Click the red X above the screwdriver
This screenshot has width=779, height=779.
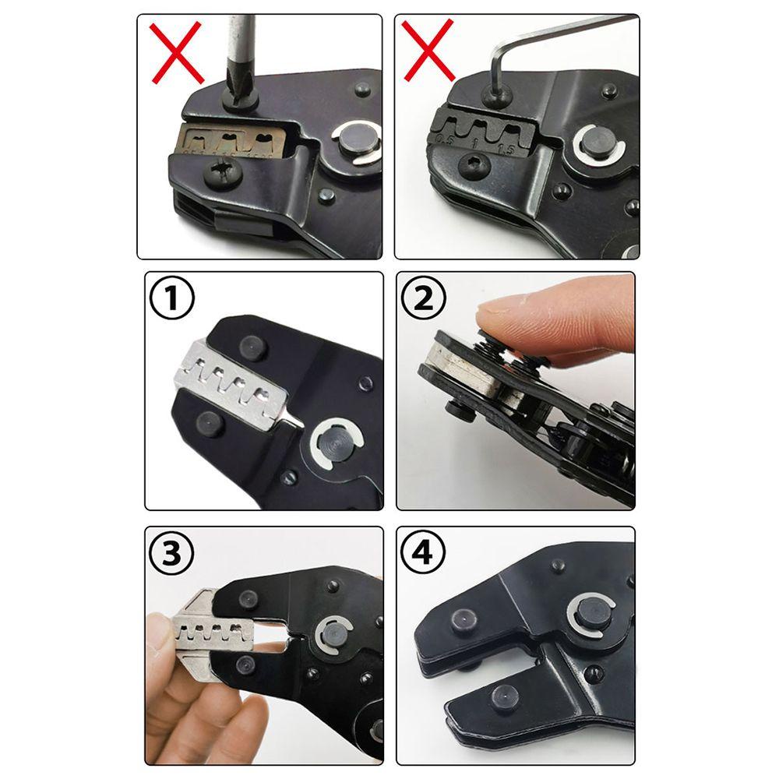[178, 52]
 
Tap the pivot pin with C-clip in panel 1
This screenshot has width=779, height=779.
[335, 448]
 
